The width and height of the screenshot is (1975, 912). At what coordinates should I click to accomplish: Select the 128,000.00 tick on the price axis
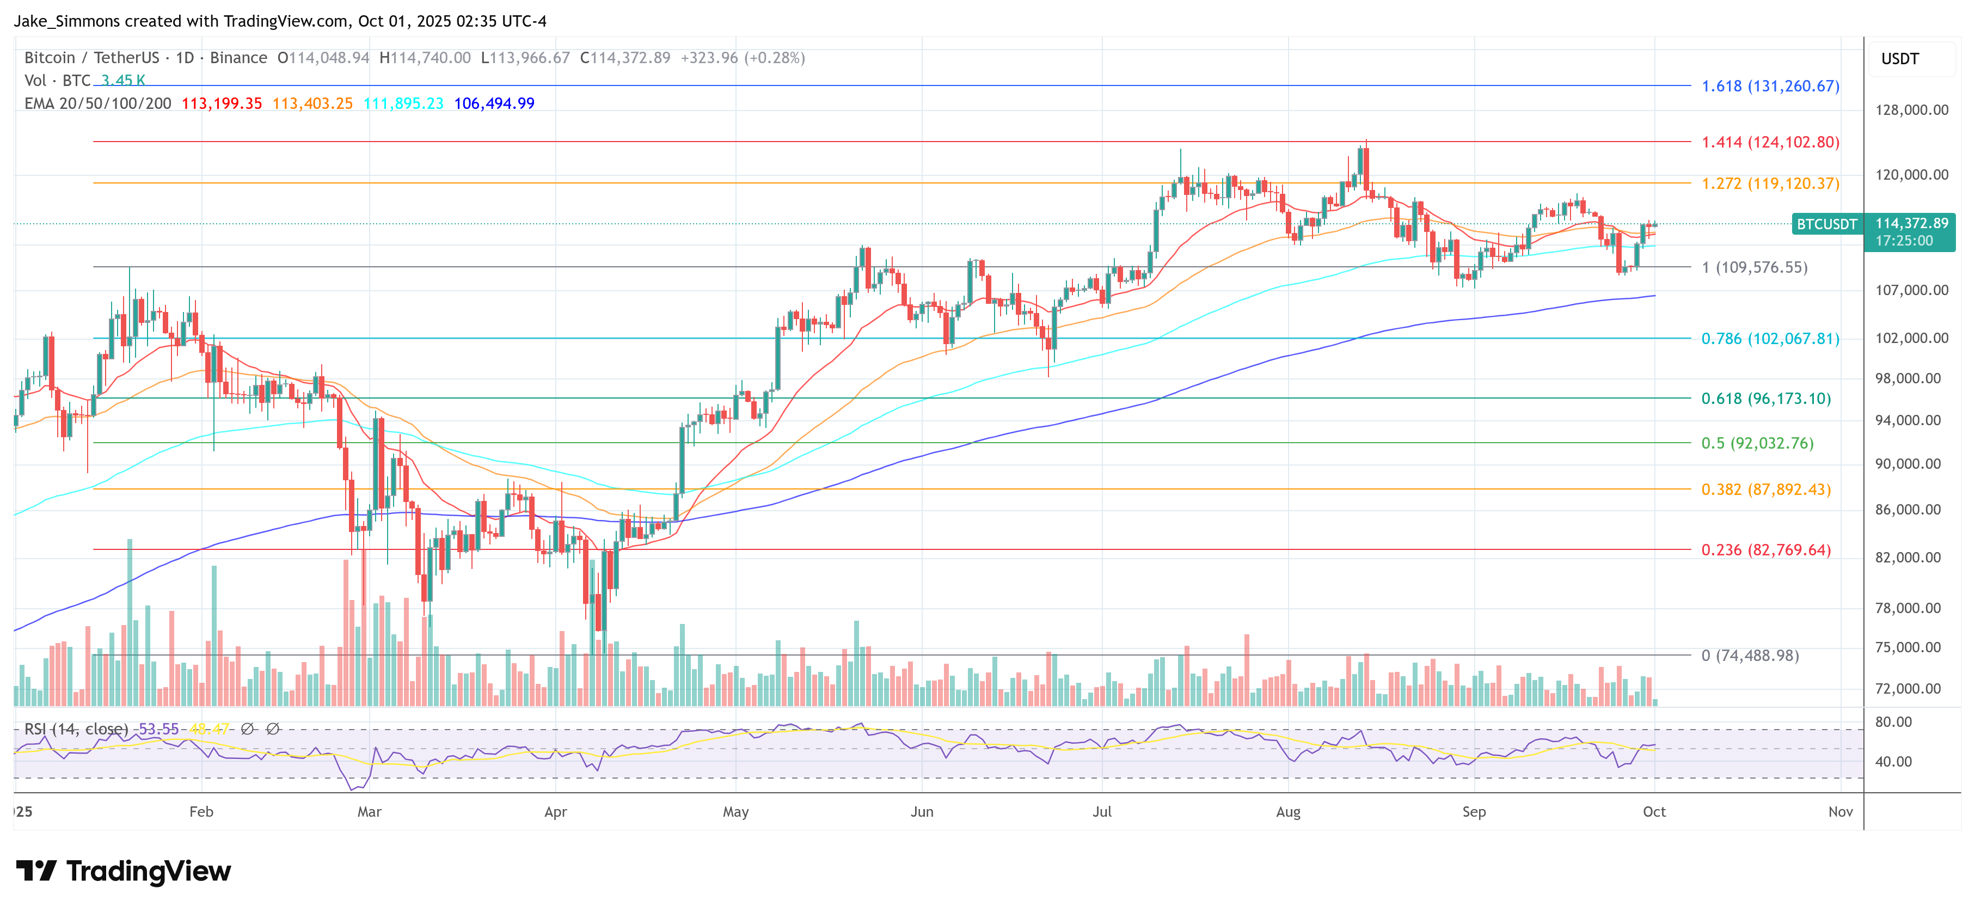(1911, 109)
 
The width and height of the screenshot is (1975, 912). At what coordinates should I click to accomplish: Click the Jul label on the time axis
(1102, 811)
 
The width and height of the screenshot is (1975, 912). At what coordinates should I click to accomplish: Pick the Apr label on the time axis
(555, 811)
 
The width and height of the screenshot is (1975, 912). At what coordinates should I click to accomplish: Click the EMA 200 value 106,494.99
(494, 103)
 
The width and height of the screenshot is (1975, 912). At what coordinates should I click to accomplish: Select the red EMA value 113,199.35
(222, 103)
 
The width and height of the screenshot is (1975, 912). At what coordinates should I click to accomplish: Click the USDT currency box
(1900, 59)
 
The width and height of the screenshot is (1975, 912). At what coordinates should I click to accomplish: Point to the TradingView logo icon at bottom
(36, 871)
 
